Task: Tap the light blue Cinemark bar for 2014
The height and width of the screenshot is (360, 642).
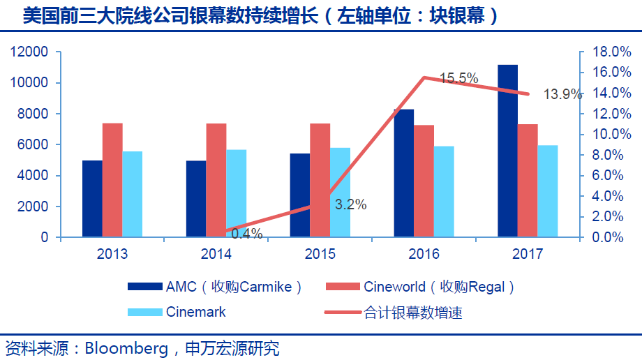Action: click(236, 193)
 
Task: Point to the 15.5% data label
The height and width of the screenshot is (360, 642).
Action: click(458, 78)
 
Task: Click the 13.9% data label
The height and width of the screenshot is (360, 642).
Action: click(562, 95)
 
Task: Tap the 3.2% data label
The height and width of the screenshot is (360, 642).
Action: click(350, 204)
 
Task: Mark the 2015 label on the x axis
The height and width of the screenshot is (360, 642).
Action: click(320, 253)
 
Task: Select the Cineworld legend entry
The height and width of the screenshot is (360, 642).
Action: click(440, 287)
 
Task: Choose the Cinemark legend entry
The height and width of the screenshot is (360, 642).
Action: click(195, 312)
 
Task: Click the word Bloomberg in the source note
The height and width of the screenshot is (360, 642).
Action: click(127, 347)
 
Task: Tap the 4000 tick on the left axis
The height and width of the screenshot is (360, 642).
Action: click(33, 176)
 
